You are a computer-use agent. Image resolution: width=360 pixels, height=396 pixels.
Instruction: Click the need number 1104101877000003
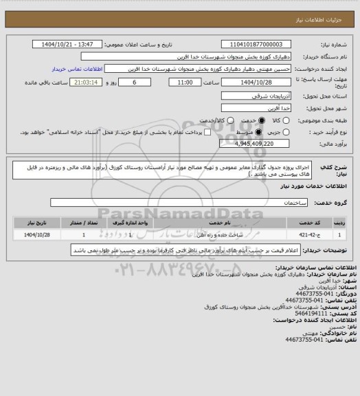click(x=256, y=43)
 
